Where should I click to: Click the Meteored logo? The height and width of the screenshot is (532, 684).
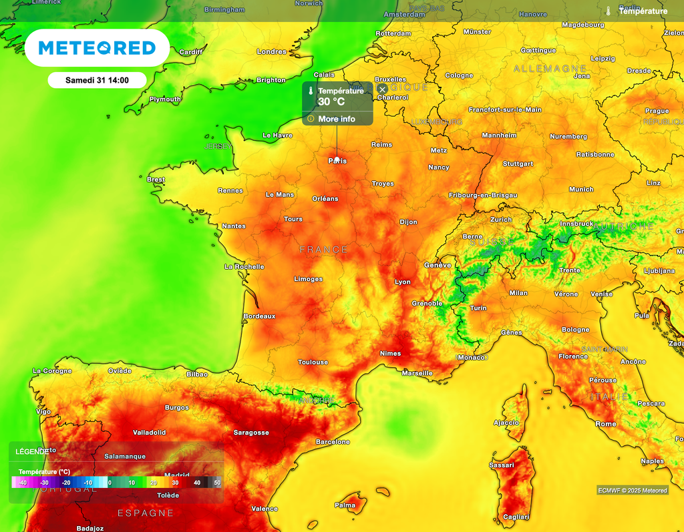(97, 48)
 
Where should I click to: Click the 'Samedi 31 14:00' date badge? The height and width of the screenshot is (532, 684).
(97, 80)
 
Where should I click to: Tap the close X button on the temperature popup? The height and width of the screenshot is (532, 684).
(382, 89)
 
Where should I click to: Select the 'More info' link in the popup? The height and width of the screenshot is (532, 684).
(337, 119)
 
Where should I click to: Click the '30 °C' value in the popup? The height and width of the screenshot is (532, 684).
(331, 102)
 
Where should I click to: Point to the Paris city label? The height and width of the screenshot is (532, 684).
(337, 161)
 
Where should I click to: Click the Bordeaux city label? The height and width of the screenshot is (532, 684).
(259, 316)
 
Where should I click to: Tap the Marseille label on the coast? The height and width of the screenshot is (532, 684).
(417, 373)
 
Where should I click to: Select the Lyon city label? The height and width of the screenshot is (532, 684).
(403, 282)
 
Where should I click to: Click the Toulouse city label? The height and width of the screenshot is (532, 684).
(313, 362)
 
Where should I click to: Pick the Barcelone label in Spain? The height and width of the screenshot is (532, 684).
(333, 442)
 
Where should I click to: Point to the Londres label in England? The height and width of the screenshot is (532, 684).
(272, 51)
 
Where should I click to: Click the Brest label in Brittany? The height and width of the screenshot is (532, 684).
(156, 180)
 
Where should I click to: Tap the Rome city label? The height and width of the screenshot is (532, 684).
(606, 424)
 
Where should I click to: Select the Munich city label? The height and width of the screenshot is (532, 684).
(581, 190)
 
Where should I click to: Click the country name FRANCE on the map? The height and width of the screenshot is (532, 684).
(323, 250)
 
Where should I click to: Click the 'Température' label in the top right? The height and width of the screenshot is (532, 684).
(643, 11)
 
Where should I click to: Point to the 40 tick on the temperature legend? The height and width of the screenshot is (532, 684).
(197, 483)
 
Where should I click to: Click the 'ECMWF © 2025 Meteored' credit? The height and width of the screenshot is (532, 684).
(632, 491)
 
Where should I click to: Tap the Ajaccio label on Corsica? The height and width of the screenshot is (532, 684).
(506, 423)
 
